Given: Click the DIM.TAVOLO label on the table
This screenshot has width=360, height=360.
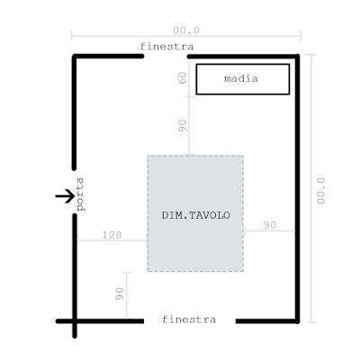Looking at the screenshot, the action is point(196,215).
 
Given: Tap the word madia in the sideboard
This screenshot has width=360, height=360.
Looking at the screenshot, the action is point(241,78).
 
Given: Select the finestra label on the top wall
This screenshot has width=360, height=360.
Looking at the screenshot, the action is point(166,47).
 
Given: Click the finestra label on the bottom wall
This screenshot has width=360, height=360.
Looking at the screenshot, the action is point(189,319).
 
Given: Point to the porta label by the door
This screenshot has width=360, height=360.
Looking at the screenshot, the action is point(80,194).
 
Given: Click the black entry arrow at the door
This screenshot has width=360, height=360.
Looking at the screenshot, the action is point(65,196).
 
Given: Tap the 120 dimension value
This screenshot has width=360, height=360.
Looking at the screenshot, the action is point(112,235).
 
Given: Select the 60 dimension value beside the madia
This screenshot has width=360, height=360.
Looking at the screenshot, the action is point(183,77).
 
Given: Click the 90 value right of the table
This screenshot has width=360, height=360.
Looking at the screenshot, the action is point(270,225).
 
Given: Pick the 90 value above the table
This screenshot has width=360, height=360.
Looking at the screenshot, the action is point(182,125).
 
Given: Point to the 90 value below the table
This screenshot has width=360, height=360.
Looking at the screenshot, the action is point(120,293).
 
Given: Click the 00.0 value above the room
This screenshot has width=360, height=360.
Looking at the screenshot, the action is point(186,31).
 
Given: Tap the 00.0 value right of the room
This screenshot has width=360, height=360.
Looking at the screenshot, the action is point(320,191).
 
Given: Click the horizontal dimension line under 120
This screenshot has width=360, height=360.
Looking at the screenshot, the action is point(112,240).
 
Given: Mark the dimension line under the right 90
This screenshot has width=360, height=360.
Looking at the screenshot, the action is point(269,230).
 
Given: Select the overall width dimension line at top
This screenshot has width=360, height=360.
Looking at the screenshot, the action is point(186,36).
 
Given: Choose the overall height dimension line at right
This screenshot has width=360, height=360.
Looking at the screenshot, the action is point(311,189).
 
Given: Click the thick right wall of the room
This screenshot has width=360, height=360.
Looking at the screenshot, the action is point(297,189).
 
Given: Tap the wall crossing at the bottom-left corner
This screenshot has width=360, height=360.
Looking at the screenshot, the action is point(75,321).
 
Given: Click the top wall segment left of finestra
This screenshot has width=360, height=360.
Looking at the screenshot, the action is point(108,56).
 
